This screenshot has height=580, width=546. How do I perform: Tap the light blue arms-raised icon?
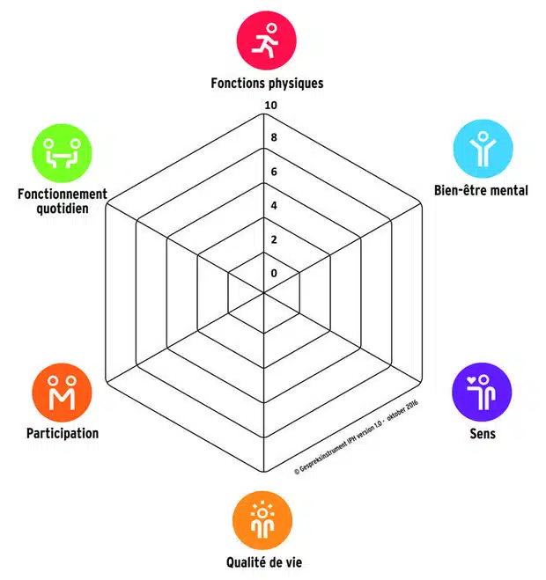(482, 150)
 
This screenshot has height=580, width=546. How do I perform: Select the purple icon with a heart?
(482, 392)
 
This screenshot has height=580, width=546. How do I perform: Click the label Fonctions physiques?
(267, 84)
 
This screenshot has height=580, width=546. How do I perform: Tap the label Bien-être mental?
(481, 190)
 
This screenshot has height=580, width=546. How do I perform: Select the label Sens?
(482, 434)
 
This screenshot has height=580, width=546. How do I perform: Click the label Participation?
(62, 434)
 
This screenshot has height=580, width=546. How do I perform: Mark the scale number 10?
(271, 106)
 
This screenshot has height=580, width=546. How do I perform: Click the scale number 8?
(274, 138)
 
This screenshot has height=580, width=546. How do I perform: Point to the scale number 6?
(274, 172)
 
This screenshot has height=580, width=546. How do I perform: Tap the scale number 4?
(274, 206)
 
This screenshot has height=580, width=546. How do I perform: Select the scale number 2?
(274, 239)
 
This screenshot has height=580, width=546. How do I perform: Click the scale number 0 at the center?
(274, 273)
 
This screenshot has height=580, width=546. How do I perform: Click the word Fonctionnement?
(63, 195)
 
